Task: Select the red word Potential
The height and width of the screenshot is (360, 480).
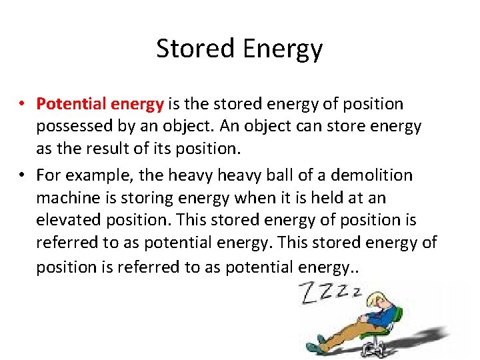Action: [x=69, y=104]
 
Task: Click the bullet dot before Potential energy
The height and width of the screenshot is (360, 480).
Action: [x=22, y=105]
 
